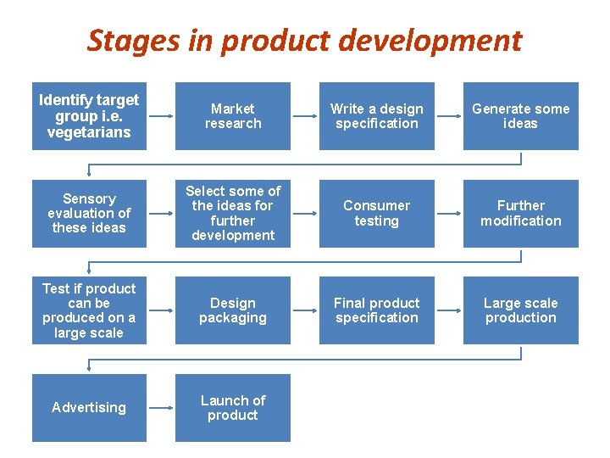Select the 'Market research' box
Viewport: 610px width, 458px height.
233,116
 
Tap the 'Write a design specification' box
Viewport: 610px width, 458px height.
377,116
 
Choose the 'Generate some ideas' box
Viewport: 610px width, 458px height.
521,116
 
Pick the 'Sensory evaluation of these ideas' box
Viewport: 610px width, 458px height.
89,213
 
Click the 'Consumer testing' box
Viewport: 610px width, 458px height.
377,213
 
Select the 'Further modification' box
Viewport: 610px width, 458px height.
521,213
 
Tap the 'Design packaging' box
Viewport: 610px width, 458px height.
233,310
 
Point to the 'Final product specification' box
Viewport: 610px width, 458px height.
377,310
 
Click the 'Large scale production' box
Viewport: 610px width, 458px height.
521,310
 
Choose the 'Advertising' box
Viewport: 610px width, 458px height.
89,407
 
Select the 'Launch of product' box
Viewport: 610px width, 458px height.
233,407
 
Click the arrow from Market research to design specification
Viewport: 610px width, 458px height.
305,116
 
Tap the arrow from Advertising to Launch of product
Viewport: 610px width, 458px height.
161,407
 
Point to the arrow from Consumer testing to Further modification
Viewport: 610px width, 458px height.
449,213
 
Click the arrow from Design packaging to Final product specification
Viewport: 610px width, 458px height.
305,310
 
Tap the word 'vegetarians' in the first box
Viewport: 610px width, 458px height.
89,132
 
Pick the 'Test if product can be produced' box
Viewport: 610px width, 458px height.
89,310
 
